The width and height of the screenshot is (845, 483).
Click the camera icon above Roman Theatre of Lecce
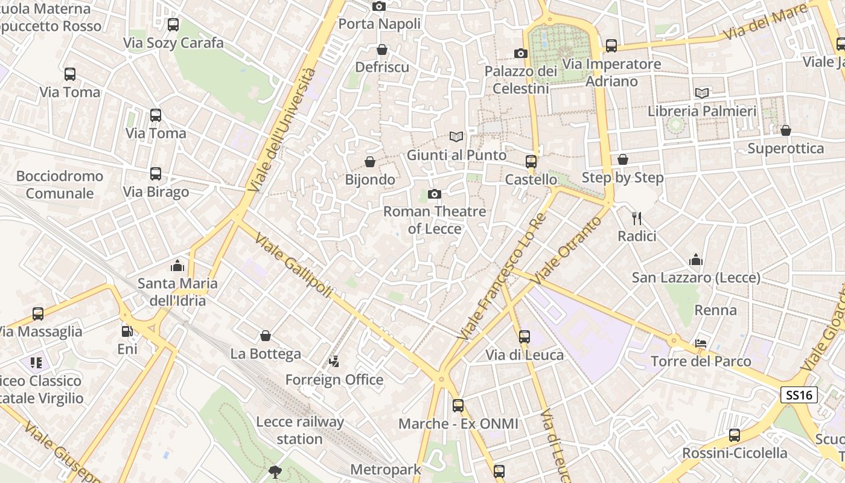pos(434,194)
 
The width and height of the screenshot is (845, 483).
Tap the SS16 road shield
pos(799,395)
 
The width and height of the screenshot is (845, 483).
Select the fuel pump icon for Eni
pos(127,331)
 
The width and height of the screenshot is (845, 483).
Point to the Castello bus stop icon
pos(531,161)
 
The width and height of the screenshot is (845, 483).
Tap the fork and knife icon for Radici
pos(636,218)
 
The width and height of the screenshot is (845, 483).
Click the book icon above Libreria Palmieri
pos(701,93)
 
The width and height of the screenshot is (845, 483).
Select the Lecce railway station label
pos(300,430)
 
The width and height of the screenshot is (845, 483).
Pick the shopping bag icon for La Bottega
pos(266,336)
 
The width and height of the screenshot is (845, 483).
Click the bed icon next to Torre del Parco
pos(701,343)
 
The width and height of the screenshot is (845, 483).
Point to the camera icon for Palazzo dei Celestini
pos(520,53)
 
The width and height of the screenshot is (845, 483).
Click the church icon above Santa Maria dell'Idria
pos(177,265)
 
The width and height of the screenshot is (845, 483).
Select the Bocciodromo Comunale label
pos(59,185)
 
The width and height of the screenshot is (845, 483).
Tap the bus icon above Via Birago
pos(156,174)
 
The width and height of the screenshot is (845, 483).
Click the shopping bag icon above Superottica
pos(785,130)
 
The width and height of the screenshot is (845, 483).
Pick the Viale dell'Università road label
pos(284,130)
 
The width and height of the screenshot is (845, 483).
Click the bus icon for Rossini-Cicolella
pos(735,435)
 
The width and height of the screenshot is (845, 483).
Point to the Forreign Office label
pos(334,380)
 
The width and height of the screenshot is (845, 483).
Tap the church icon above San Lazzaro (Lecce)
pos(696,260)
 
